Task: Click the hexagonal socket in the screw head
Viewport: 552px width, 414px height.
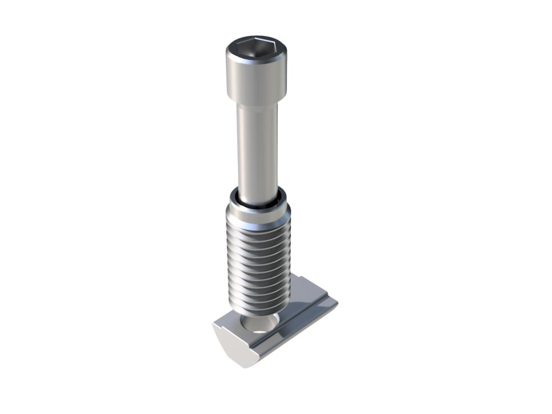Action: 255,47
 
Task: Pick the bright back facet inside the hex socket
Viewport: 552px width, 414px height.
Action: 257,43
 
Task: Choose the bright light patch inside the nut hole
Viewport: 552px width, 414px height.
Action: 259,329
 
